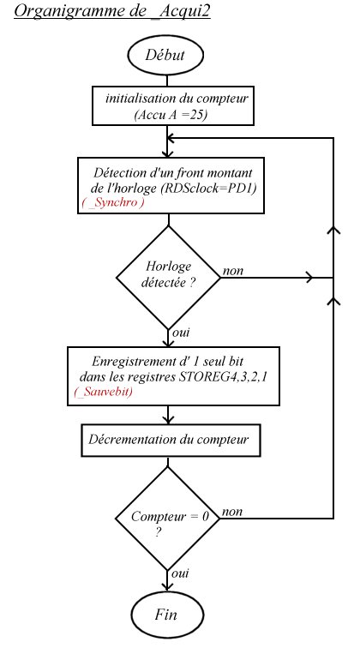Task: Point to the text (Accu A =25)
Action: [x=171, y=115]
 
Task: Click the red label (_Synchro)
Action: [x=113, y=202]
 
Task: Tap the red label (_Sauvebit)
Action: [x=104, y=392]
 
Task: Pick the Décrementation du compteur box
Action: [x=171, y=441]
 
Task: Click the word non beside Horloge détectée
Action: [x=233, y=271]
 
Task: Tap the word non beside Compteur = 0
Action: [x=232, y=512]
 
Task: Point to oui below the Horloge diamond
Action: [x=181, y=333]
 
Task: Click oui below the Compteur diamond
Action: [x=180, y=573]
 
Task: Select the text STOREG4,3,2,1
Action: [x=223, y=377]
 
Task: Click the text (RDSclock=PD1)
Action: [x=208, y=188]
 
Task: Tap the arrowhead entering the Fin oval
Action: [x=167, y=586]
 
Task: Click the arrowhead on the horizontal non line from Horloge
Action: [x=309, y=278]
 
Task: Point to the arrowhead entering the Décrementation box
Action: [x=168, y=420]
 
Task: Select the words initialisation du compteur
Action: [x=177, y=99]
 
